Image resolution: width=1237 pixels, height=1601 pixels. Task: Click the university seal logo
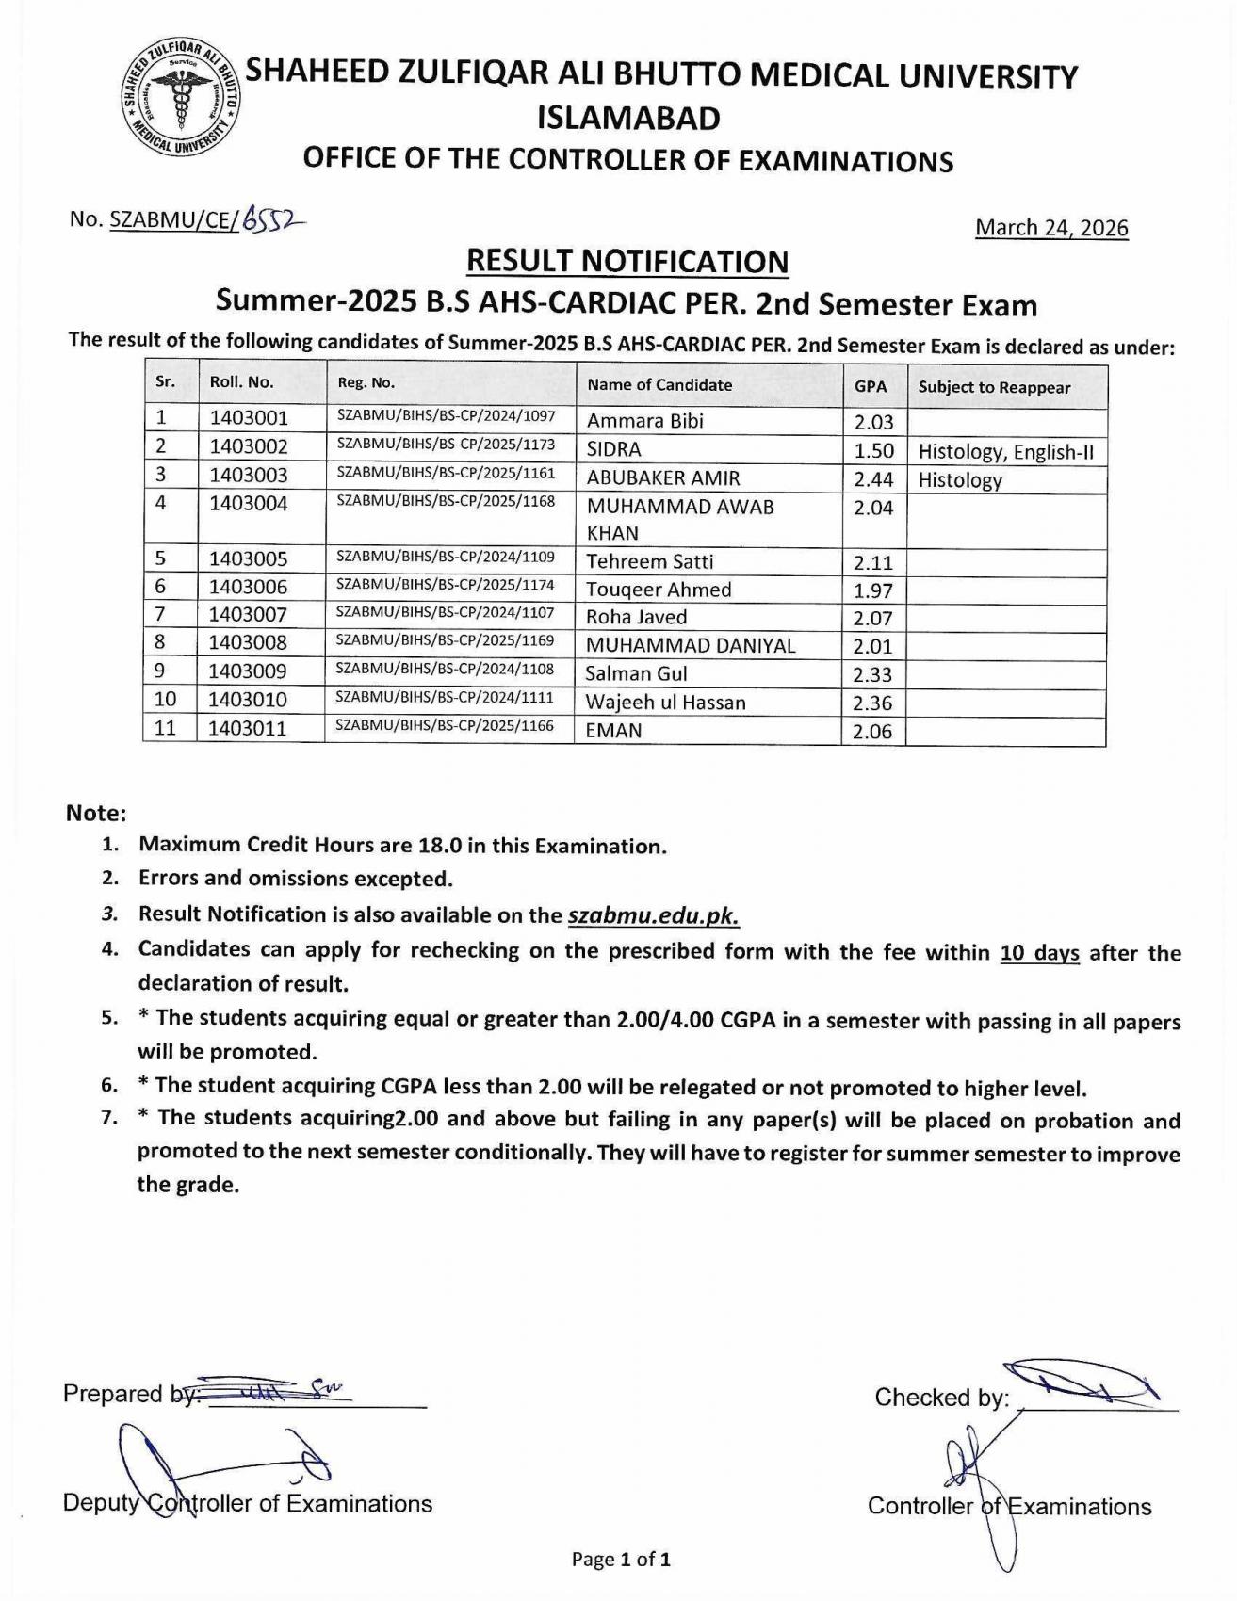tap(182, 99)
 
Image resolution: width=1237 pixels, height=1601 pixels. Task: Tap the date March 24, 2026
tap(1050, 228)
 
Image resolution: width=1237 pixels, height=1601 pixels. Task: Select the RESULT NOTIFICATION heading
tap(627, 261)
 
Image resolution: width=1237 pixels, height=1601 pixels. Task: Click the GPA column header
tap(871, 386)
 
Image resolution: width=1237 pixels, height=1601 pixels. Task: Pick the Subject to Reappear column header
tap(994, 387)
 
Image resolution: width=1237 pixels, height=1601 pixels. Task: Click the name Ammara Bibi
tap(644, 421)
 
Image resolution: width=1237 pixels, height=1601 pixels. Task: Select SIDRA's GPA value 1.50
tap(873, 450)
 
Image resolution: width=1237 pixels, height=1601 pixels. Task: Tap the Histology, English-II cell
tap(1005, 452)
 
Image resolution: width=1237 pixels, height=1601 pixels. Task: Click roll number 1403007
tap(249, 615)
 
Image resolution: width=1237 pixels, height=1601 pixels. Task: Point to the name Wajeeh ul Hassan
tap(665, 703)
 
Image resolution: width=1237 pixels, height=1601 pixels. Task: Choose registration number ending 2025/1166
tap(446, 726)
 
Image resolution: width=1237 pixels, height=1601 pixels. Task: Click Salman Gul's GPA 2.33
tap(872, 674)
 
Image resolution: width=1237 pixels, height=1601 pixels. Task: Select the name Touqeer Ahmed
tap(659, 590)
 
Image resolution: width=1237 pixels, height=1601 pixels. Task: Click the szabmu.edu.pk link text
tap(653, 915)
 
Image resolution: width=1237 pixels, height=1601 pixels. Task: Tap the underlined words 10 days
tap(1039, 953)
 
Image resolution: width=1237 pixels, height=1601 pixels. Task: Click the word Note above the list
tap(95, 813)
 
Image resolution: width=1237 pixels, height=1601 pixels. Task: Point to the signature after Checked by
tap(1083, 1383)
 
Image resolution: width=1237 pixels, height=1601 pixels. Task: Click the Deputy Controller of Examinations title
tap(248, 1503)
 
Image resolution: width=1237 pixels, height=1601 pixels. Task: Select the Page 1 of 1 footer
tap(621, 1560)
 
